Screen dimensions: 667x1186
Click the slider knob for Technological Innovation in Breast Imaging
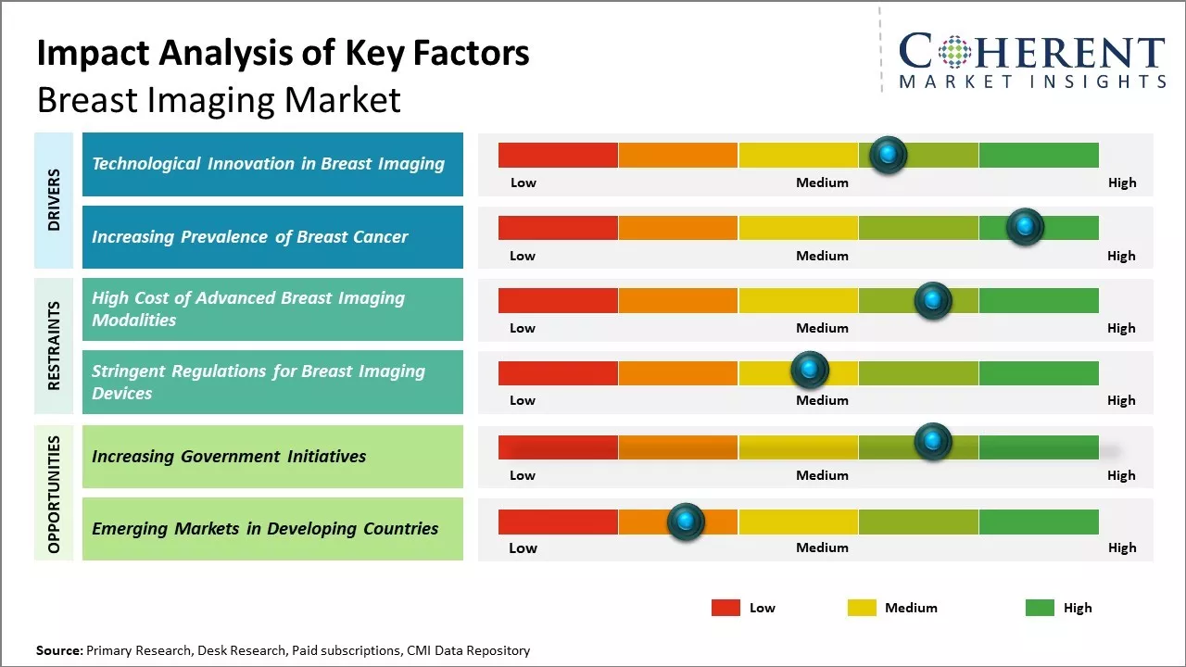click(889, 155)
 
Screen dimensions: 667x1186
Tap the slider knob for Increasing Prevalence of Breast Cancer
click(1025, 227)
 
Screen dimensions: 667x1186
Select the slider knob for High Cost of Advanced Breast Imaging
click(933, 300)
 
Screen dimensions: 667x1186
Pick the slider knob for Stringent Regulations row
click(810, 371)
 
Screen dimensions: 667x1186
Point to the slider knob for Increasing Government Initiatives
click(933, 442)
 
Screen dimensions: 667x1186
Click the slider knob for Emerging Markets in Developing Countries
click(686, 522)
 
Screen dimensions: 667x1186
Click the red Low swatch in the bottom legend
click(725, 608)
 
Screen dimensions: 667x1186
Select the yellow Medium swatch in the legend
click(862, 608)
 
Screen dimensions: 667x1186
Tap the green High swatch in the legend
click(1040, 608)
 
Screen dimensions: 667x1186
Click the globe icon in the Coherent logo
click(955, 52)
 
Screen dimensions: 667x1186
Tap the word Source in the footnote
click(58, 650)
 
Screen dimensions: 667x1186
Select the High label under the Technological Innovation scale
click(1121, 182)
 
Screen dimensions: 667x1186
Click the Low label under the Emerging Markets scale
click(523, 547)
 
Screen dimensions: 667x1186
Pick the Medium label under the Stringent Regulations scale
click(822, 400)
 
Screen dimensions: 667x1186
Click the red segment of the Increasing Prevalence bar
click(558, 227)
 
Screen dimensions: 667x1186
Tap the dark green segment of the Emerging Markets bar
click(1038, 522)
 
